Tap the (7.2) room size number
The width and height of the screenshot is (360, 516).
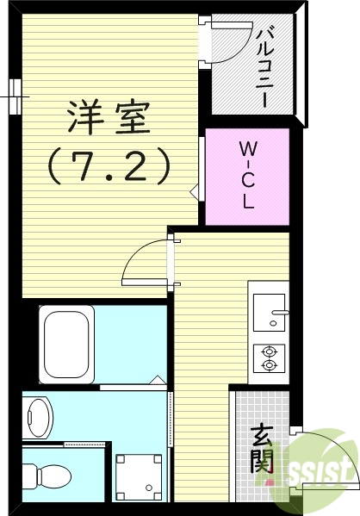coord(109,165)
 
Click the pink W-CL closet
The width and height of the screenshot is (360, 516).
coord(246,177)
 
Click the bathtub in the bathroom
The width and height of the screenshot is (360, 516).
coord(66,342)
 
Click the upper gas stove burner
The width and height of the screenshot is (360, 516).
coord(270,351)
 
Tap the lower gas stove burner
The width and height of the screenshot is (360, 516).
coord(270,365)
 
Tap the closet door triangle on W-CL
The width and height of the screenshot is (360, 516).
coord(195,191)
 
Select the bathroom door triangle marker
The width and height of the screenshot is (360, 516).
coord(156,381)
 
